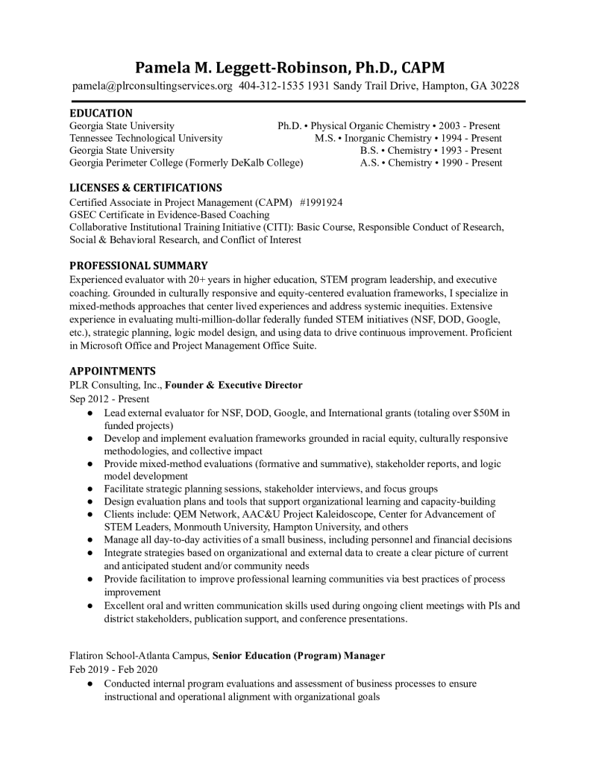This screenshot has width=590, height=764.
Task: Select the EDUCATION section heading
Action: click(101, 113)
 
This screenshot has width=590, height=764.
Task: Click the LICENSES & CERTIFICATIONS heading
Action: click(145, 187)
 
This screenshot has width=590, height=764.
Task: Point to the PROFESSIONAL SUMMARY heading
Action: click(139, 265)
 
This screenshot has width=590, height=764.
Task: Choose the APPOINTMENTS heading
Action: click(113, 371)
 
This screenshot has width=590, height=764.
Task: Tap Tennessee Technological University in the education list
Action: click(145, 138)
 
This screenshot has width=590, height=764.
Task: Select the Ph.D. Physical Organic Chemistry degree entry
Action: click(388, 126)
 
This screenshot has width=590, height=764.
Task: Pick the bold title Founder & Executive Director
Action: click(233, 385)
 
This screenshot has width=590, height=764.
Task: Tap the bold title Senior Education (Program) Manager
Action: click(298, 656)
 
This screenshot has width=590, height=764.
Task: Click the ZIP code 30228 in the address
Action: click(504, 86)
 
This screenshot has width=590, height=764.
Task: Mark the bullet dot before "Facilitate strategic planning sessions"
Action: click(90, 489)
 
